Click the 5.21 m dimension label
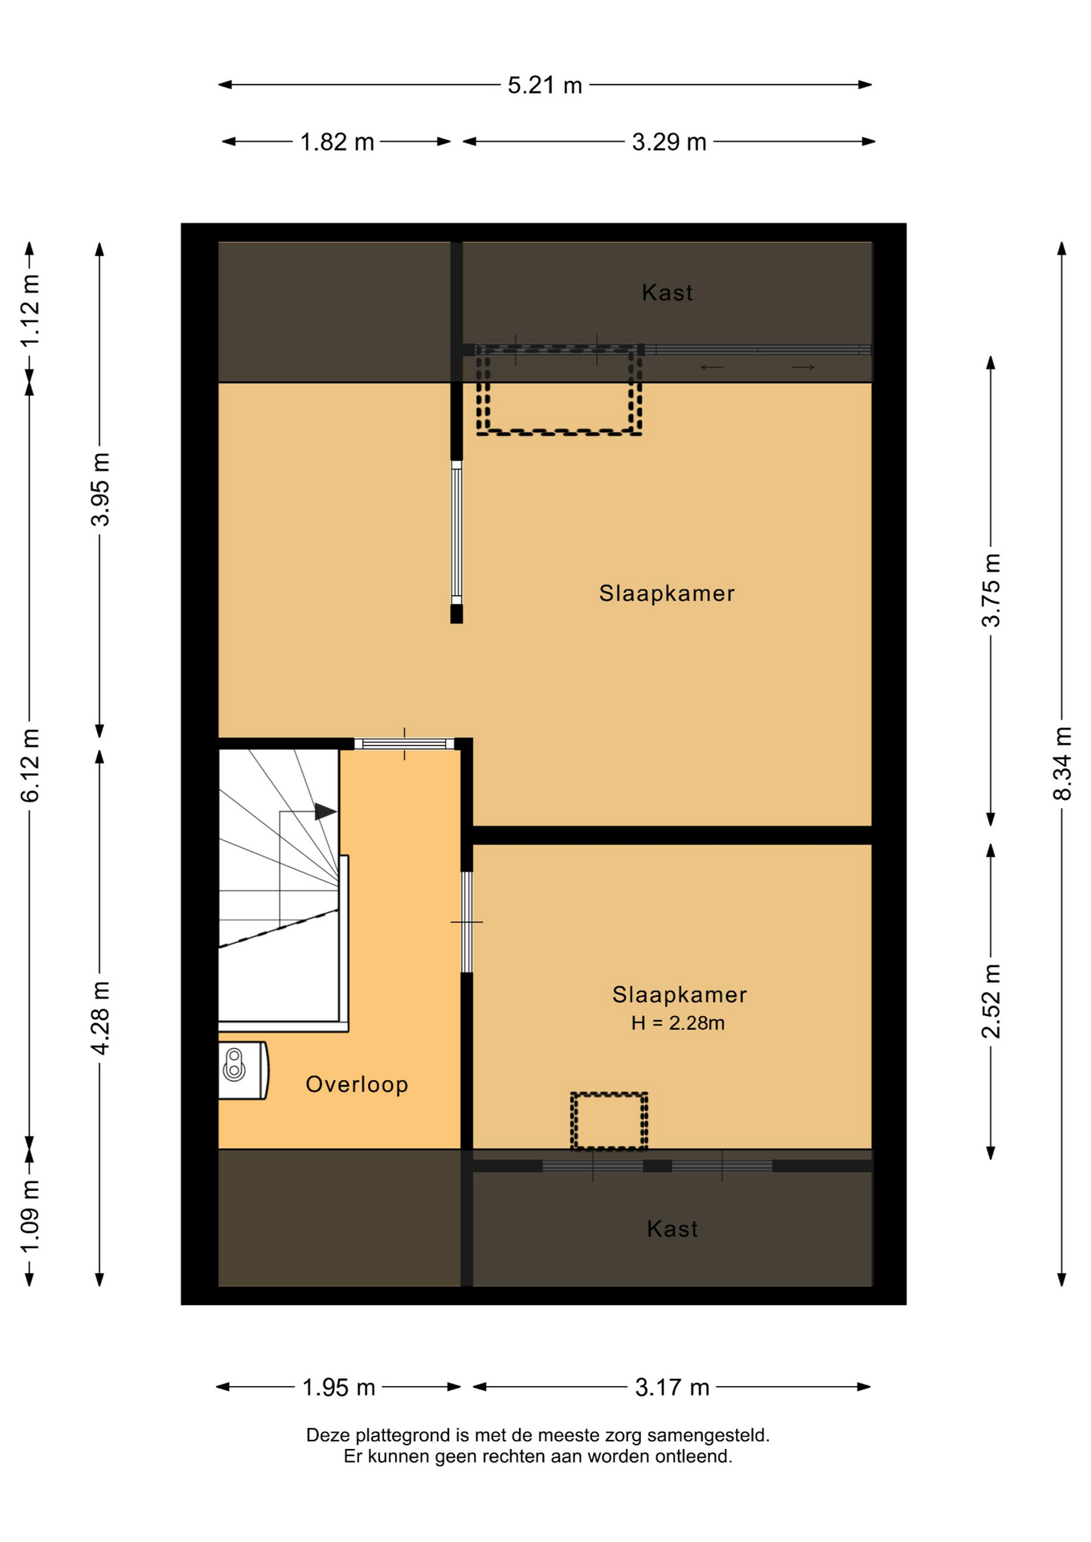pos(545,85)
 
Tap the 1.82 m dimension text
pos(337,142)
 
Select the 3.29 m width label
pos(669,142)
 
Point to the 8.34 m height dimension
pos(1062,764)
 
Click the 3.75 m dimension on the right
pos(991,590)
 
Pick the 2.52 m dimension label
pos(991,1001)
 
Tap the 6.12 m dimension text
pos(30,765)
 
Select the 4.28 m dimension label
pos(100,1018)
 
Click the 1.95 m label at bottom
pos(339,1387)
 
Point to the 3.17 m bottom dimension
pos(672,1387)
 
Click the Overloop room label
pos(357,1084)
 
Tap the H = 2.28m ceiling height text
pos(678,1023)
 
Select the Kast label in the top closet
pos(668,292)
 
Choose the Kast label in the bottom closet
pos(672,1229)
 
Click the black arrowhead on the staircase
pos(325,811)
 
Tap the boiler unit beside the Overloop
pos(243,1070)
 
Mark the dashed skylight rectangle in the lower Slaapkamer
pos(609,1120)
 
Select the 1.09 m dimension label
pos(30,1217)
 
